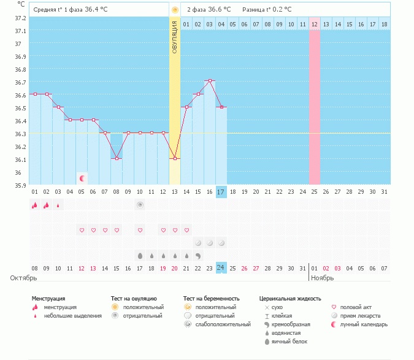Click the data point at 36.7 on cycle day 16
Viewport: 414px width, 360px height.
[210, 81]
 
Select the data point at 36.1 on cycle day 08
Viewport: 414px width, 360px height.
[117, 158]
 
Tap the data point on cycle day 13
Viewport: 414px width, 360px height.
[175, 158]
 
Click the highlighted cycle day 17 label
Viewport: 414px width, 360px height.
[221, 192]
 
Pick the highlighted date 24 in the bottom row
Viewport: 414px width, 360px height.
[221, 268]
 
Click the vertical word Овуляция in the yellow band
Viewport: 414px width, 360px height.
[175, 37]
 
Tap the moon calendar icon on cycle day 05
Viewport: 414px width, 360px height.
[82, 178]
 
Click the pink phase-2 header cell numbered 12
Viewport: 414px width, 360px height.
[315, 24]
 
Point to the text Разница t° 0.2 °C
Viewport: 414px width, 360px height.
[267, 10]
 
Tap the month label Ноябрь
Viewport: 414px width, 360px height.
[323, 278]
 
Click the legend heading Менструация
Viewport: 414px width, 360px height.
[48, 298]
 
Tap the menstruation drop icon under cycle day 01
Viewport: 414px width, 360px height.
[35, 205]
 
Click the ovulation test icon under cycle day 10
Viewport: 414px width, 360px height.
[140, 205]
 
